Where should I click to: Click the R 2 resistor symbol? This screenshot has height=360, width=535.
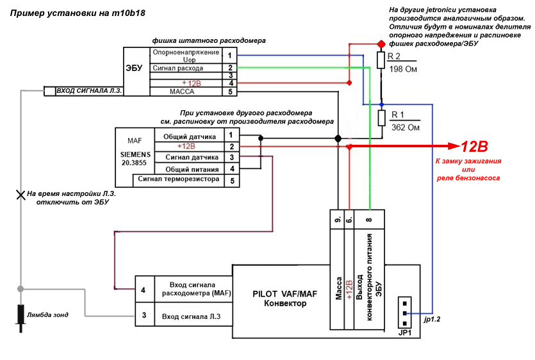point(381,60)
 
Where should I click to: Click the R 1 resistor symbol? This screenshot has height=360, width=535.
point(381,118)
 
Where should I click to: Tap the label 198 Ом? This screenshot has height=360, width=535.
point(403,69)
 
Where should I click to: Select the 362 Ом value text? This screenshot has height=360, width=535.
point(406,127)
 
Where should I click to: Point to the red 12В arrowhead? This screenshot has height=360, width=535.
point(454,147)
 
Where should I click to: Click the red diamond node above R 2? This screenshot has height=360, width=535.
point(381,44)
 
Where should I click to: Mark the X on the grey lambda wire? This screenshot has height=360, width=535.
point(21,195)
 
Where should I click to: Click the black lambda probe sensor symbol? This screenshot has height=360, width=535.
point(21,318)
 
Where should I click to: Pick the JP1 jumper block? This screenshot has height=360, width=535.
point(405,313)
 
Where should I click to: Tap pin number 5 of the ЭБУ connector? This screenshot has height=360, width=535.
point(229,92)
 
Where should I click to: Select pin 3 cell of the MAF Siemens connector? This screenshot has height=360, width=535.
point(232,158)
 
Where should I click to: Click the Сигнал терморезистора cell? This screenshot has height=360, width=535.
point(179,180)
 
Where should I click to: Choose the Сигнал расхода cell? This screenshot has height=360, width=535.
point(186,68)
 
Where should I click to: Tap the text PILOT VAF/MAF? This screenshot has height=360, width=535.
point(285,294)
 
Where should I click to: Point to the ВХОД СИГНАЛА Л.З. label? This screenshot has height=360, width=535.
point(88,91)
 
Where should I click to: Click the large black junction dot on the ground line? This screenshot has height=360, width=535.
point(338,138)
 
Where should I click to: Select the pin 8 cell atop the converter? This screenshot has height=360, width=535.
point(369,220)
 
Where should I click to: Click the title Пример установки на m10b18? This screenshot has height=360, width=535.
point(78,13)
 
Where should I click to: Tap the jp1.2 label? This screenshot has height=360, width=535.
point(432,320)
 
